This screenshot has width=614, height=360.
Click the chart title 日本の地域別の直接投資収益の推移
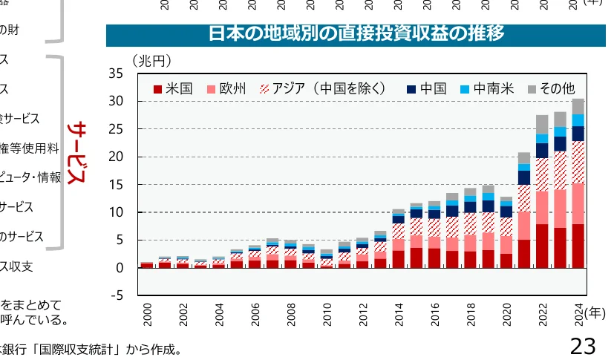pos(356,34)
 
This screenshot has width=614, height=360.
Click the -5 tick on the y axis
pos(117,295)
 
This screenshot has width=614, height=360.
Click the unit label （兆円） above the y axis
pos(151,59)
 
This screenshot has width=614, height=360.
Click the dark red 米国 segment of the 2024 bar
pos(578,246)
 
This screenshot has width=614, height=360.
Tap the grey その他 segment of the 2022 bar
pos(542,124)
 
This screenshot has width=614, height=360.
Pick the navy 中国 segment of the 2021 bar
pos(524,177)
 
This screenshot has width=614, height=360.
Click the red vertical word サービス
pos(76,154)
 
